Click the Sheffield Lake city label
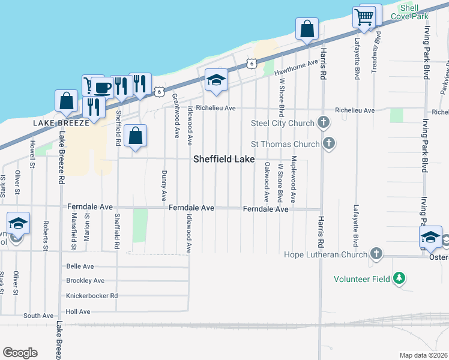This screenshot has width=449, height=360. pyautogui.click(x=224, y=159)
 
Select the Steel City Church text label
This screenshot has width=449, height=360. pyautogui.click(x=283, y=124)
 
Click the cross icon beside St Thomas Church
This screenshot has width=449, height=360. pyautogui.click(x=328, y=143)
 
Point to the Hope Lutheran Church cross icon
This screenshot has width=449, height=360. pyautogui.click(x=376, y=254)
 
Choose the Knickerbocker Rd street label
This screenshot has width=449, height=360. pyautogui.click(x=92, y=296)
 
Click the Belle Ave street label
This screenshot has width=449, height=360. pyautogui.click(x=80, y=266)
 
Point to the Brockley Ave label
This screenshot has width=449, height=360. pyautogui.click(x=85, y=281)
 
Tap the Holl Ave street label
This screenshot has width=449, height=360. pyautogui.click(x=78, y=311)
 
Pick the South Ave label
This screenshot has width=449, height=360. pyautogui.click(x=39, y=316)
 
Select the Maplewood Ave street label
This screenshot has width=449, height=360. pyautogui.click(x=294, y=178)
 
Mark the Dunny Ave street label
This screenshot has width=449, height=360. pyautogui.click(x=164, y=185)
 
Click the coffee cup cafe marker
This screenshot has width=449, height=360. pyautogui.click(x=102, y=88)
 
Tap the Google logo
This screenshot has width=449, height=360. pyautogui.click(x=20, y=353)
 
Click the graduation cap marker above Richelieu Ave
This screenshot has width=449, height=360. pyautogui.click(x=216, y=80)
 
